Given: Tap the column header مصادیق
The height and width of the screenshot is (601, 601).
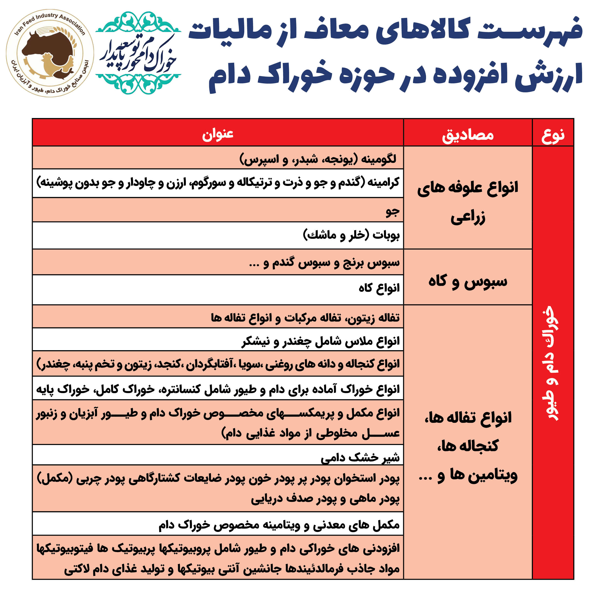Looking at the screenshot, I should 467,135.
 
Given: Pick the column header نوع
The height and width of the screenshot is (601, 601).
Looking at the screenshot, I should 553,135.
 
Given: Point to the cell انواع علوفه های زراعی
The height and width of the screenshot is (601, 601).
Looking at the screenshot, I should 467,202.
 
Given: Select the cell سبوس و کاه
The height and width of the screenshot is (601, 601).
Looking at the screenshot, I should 467,282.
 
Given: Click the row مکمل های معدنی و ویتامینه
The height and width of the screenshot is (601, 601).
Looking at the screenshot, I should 279,525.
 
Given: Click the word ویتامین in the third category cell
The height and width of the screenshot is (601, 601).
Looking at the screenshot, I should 493,475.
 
